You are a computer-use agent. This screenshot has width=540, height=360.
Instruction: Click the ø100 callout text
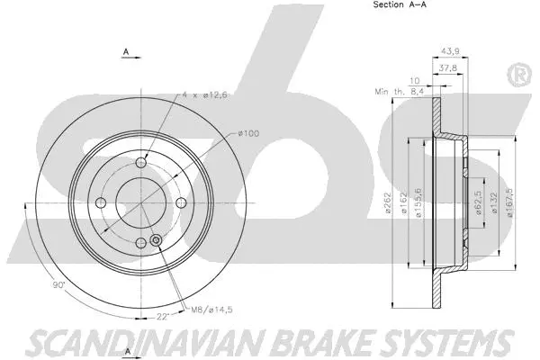point(248,134)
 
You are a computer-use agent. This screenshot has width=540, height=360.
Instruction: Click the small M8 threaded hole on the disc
point(156,240)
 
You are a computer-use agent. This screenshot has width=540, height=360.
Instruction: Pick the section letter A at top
point(124,51)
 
